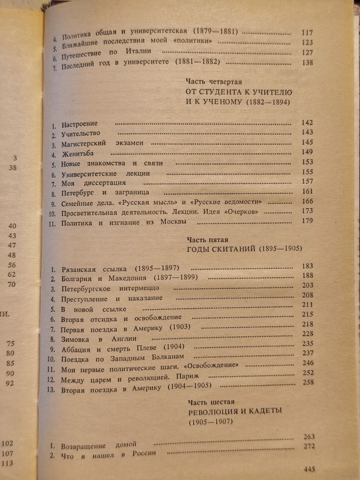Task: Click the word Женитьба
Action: click(77, 154)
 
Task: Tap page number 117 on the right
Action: click(307, 32)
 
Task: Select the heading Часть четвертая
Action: click(214, 82)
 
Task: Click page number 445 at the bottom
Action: click(309, 469)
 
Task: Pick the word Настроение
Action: click(80, 125)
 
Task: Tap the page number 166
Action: click(307, 201)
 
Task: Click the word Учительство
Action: click(81, 134)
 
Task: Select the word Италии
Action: click(139, 51)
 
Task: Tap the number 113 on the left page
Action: click(8, 463)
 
